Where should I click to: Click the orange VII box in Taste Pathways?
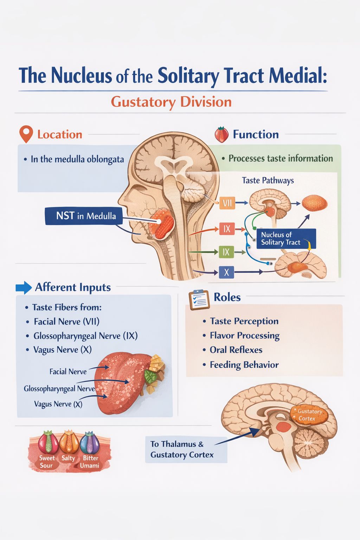tap(227, 203)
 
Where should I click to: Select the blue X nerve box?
tap(226, 272)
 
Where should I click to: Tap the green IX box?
tap(226, 252)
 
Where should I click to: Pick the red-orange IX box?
tap(227, 229)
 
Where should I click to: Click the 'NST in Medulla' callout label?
tap(84, 216)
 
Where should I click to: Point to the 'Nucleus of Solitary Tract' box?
tap(286, 238)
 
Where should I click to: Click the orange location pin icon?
tap(26, 134)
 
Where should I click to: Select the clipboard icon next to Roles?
tap(199, 300)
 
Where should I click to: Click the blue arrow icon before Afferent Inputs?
tap(24, 288)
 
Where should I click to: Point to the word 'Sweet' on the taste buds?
tap(47, 458)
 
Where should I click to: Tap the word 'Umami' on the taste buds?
tap(89, 465)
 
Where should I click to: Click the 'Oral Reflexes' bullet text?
tap(236, 350)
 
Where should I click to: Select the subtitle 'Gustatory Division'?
tap(171, 102)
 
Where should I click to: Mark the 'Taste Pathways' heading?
tap(268, 180)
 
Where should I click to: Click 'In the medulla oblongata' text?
tap(77, 159)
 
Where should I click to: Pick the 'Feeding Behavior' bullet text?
tap(244, 365)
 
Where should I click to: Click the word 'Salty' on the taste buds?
tap(68, 458)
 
